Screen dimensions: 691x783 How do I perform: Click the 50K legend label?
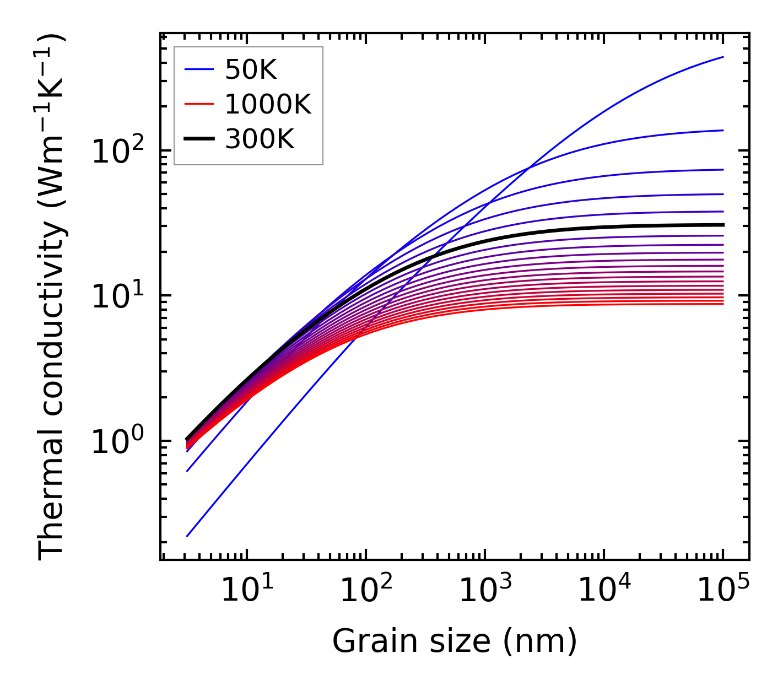tap(250, 69)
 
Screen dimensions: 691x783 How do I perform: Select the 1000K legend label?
tap(268, 104)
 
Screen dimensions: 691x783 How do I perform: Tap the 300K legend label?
tap(260, 139)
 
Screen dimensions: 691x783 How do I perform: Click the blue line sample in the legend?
tap(198, 69)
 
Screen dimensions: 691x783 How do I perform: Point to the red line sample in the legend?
tap(198, 104)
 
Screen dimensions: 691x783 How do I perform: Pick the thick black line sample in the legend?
tap(198, 139)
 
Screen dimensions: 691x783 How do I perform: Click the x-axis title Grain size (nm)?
tap(455, 641)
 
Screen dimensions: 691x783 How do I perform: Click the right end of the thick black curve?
tap(723, 225)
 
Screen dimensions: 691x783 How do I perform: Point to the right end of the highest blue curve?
tap(723, 57)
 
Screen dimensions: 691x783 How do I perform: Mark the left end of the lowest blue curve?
tap(187, 536)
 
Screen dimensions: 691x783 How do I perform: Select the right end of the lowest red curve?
tap(723, 304)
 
